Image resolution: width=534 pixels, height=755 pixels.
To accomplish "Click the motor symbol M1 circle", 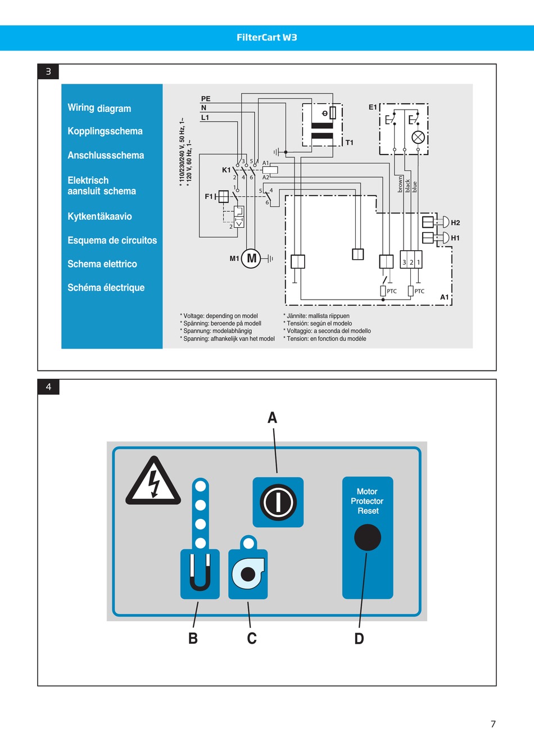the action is pos(251,259).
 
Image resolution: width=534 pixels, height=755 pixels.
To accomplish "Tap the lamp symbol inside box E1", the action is pos(418,138).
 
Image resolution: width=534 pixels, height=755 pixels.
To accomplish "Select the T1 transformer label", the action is pos(350,143).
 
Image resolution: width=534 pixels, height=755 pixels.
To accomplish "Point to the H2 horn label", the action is pos(455,223).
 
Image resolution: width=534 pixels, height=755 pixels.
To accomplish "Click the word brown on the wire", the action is pos(400,184).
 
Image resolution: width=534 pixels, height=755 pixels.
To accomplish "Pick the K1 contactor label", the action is pos(226,170).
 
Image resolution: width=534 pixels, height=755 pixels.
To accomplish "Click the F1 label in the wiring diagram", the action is pos(209,196).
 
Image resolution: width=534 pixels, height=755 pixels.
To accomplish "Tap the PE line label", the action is pos(206,99).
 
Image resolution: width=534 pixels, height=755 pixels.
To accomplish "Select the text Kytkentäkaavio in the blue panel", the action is pos(99,216).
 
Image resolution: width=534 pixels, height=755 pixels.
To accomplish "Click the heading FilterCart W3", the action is pos(267,38).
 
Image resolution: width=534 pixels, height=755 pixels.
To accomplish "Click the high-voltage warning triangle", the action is pos(153,481).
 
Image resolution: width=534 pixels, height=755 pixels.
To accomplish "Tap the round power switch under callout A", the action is pos(278,502).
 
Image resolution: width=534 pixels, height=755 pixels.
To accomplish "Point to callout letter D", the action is pos(359,639).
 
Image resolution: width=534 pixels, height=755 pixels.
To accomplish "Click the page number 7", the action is pos(493,724).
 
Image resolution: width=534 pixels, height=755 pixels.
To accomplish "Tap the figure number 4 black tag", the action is pos(48,387).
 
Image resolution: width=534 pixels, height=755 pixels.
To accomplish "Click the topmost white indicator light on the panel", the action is pos(201,486).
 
